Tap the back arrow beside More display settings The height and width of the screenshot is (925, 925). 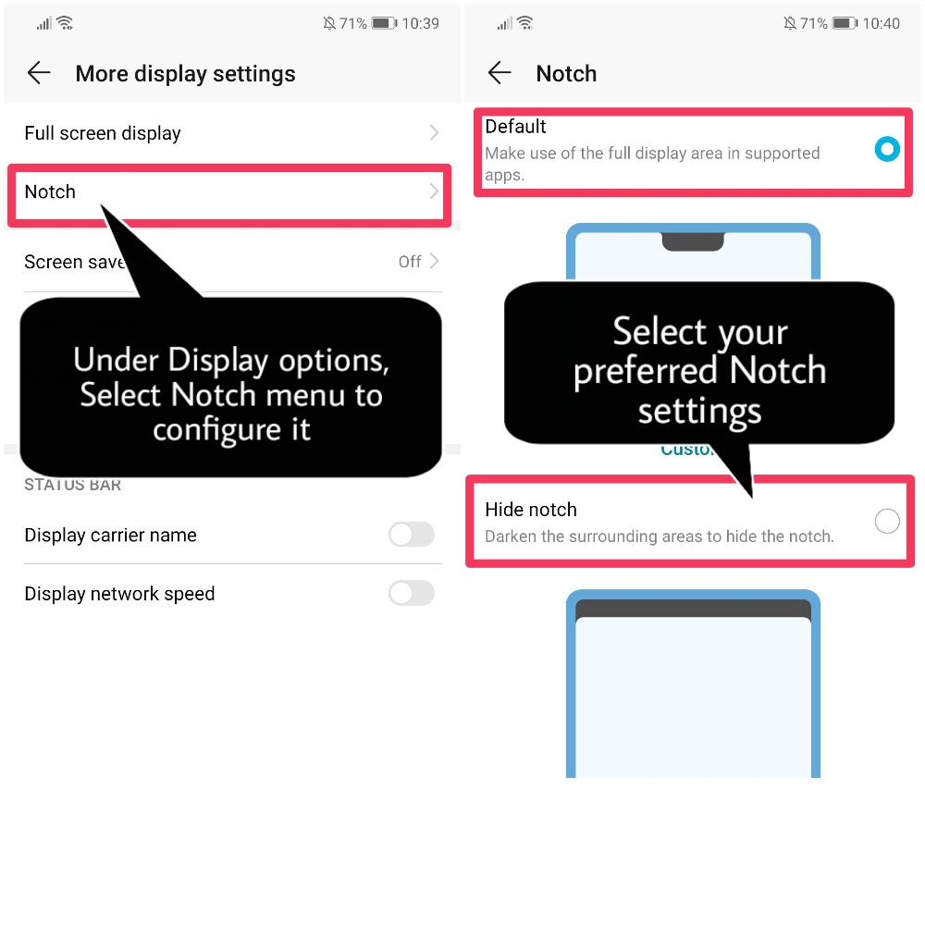[39, 74]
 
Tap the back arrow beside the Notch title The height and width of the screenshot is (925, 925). [499, 74]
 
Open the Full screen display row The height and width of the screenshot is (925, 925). [103, 133]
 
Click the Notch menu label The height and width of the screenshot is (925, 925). [50, 191]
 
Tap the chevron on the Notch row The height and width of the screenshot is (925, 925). [434, 191]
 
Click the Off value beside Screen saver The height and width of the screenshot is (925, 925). [410, 262]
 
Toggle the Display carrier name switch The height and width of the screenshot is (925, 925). [411, 535]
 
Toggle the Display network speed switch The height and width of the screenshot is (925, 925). [411, 593]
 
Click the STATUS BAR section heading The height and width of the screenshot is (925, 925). [72, 485]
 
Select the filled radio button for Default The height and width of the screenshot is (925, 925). [887, 149]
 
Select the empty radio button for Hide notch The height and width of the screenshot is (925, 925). [887, 522]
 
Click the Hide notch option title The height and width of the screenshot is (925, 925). [531, 510]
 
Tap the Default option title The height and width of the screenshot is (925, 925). [515, 127]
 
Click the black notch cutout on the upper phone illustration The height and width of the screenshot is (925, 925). [693, 242]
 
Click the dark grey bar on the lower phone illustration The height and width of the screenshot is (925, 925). [693, 609]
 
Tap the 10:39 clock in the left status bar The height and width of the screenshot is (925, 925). [420, 23]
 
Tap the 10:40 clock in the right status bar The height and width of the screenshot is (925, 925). [881, 23]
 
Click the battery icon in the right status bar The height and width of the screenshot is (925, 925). [844, 23]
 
